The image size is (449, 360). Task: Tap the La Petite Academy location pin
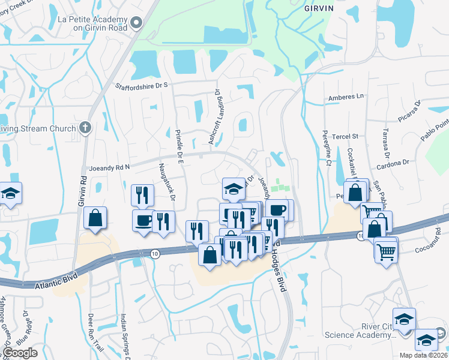(136, 23)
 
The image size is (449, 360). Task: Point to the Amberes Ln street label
(346, 97)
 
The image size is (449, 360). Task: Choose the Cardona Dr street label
(393, 162)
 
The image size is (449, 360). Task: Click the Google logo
(19, 353)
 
